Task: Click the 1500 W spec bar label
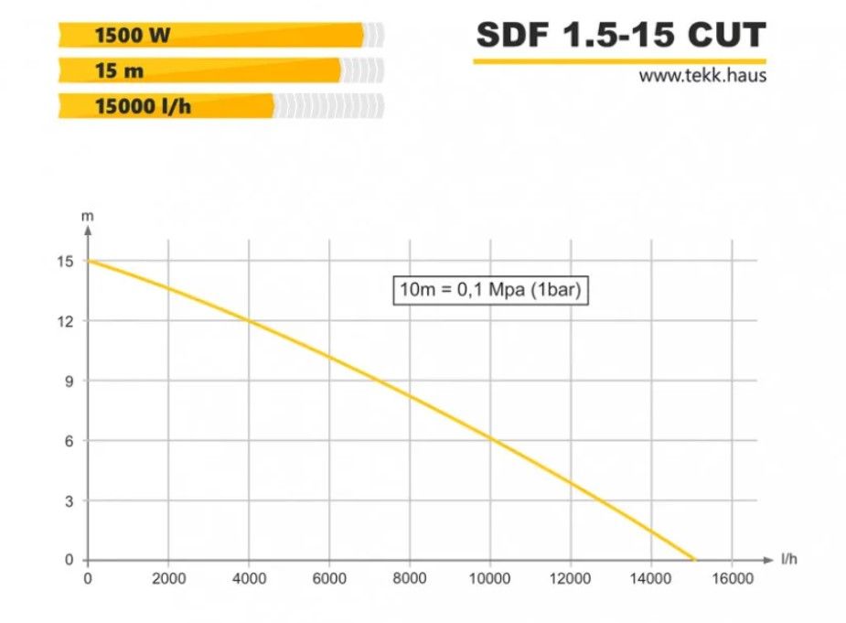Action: tap(133, 36)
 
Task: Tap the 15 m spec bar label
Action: tap(120, 71)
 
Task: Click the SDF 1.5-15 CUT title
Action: tap(620, 36)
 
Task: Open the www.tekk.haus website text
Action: tap(702, 76)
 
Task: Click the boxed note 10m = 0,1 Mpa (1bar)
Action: tap(489, 291)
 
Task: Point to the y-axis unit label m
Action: tap(88, 217)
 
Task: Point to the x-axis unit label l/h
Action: tap(789, 558)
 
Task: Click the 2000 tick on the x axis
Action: tap(167, 578)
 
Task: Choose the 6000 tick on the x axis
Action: tap(329, 578)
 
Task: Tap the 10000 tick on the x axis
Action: tap(490, 578)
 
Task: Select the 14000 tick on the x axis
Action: tap(651, 578)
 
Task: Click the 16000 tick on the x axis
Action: tap(732, 578)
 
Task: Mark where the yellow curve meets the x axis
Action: tap(694, 559)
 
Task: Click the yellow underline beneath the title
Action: tap(620, 61)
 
